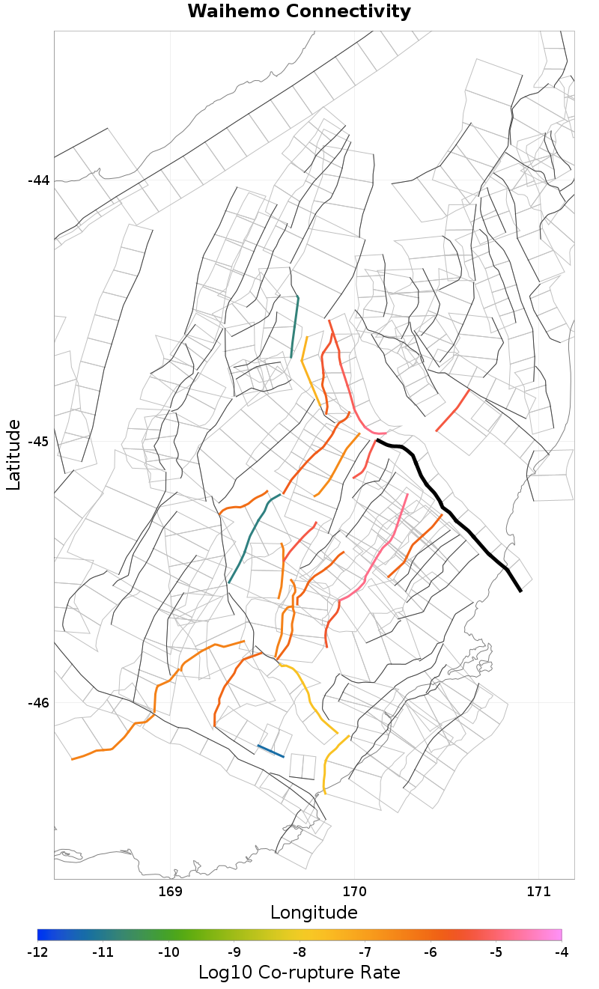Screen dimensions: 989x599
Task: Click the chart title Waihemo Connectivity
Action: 299,12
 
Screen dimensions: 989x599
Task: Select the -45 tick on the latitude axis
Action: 38,442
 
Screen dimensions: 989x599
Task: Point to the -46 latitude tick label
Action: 38,703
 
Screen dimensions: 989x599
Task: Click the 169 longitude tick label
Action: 171,892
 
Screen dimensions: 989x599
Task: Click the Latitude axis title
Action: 13,455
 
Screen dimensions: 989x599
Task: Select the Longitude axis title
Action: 314,913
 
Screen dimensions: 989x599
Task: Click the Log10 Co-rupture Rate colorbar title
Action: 299,973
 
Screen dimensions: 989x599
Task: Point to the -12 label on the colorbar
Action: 37,952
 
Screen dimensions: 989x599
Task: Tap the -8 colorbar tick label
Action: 299,952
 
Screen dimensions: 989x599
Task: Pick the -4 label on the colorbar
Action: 561,952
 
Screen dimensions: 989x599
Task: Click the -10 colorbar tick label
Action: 168,952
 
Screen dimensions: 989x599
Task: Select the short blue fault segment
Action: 270,751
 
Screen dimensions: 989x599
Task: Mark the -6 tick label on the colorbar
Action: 431,952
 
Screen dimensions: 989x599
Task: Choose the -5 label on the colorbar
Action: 496,952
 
